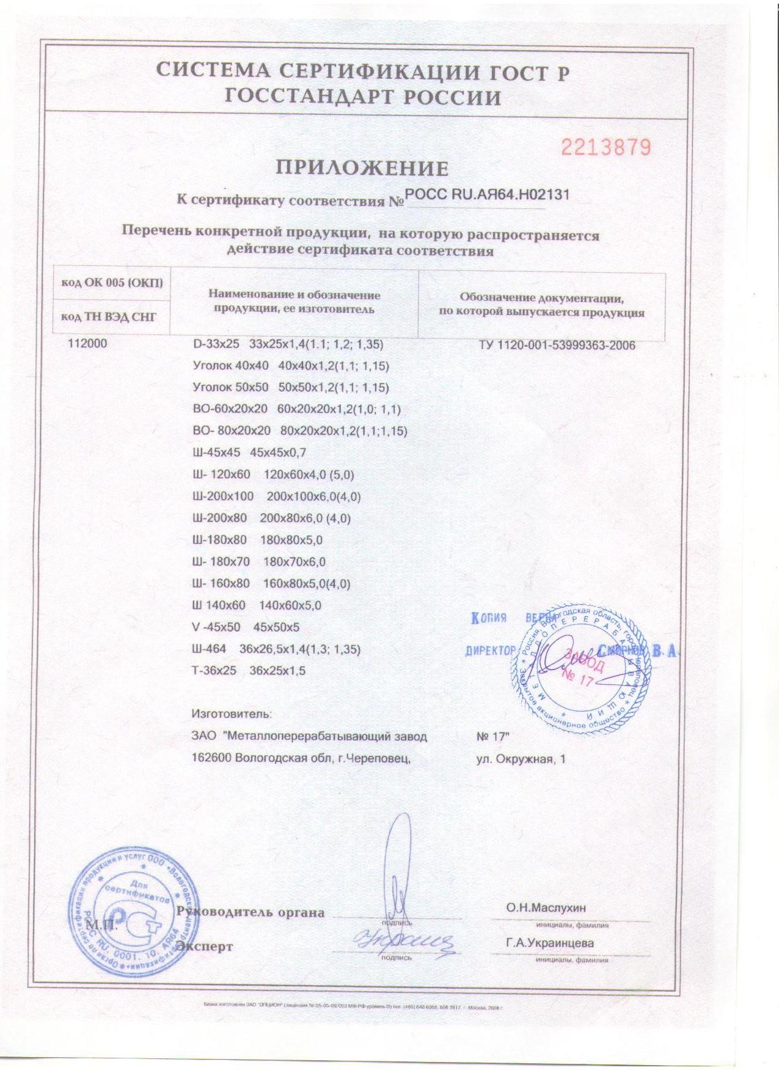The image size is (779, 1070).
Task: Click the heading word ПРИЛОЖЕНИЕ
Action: click(x=362, y=168)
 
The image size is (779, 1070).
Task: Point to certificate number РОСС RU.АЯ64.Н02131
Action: click(x=488, y=195)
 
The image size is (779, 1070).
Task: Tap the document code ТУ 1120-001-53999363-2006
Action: click(x=557, y=346)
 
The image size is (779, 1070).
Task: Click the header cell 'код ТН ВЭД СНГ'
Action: click(x=109, y=317)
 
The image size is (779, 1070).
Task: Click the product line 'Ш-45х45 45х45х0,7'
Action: click(x=249, y=453)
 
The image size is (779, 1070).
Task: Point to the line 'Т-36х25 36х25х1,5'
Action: click(x=248, y=671)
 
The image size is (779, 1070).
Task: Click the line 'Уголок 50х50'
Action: click(x=290, y=388)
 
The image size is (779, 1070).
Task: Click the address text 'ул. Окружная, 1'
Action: click(x=521, y=759)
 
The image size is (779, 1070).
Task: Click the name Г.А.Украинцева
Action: click(x=549, y=943)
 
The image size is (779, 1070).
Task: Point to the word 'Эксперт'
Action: click(x=205, y=947)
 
